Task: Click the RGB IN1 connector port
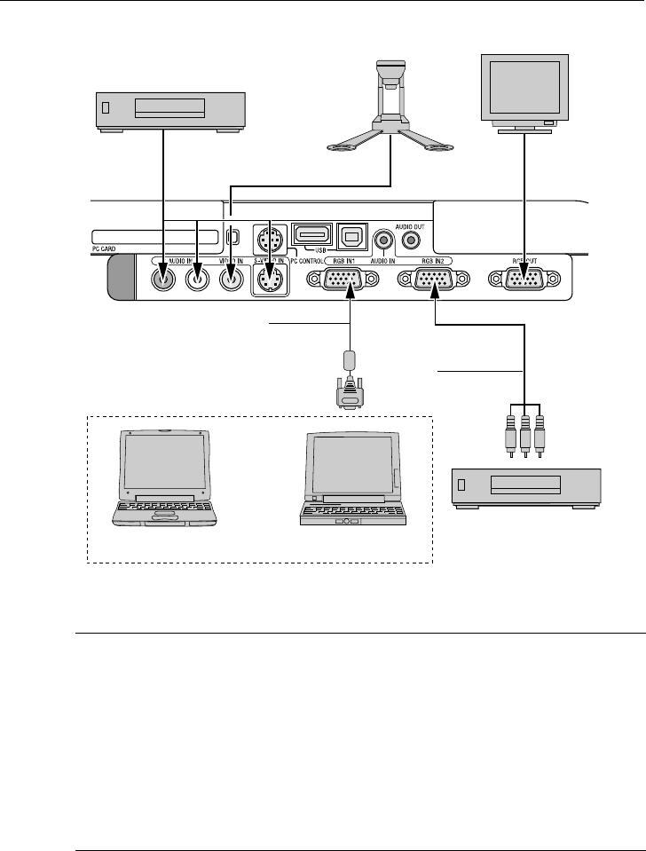click(x=341, y=280)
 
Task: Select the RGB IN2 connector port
click(x=432, y=280)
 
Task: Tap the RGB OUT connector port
click(x=524, y=280)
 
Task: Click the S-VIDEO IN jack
click(x=268, y=280)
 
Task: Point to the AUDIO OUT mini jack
click(x=411, y=239)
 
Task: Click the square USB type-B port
click(x=351, y=237)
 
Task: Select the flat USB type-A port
click(x=311, y=237)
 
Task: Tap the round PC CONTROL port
click(x=268, y=240)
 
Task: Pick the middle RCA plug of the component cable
click(x=524, y=434)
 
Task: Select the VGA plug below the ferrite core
click(x=351, y=393)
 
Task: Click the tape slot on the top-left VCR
click(x=169, y=108)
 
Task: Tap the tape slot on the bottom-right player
click(x=525, y=485)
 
